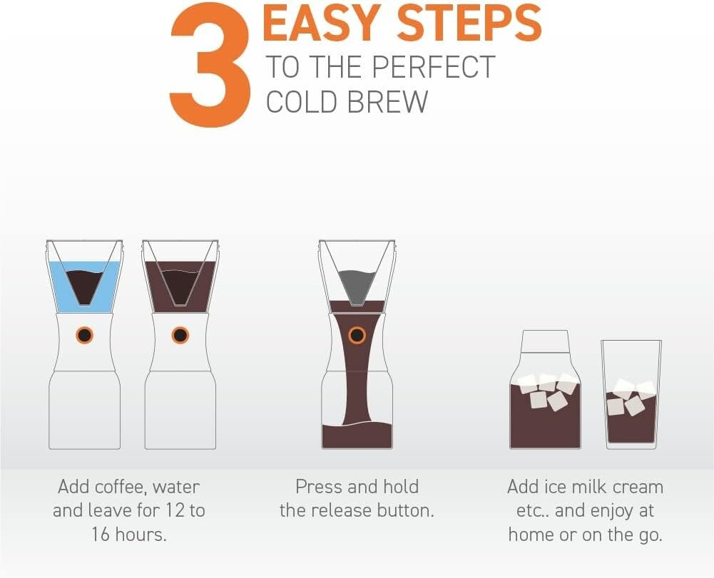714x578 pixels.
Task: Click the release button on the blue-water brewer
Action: (84, 335)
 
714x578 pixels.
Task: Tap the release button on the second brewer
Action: (180, 335)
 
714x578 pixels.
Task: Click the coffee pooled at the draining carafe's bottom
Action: (357, 434)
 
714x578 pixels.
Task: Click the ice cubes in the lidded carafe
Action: (546, 391)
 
